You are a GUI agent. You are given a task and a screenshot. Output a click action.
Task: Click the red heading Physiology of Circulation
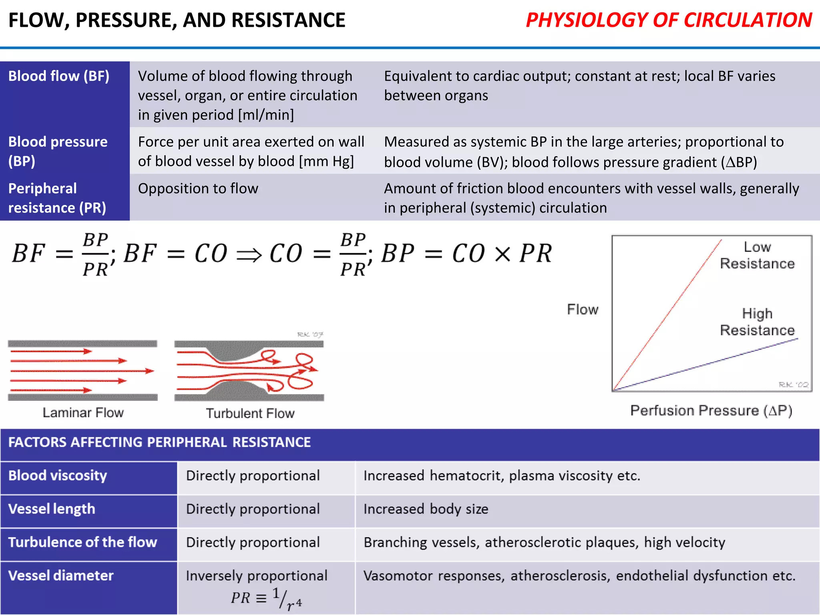pyautogui.click(x=669, y=20)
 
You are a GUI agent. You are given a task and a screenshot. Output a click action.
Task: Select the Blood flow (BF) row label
pyautogui.click(x=59, y=76)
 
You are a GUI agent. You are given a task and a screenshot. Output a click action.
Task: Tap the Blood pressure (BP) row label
pyautogui.click(x=58, y=151)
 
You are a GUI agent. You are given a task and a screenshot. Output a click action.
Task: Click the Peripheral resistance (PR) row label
pyautogui.click(x=57, y=198)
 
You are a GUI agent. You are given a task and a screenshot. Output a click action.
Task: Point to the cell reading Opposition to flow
pyautogui.click(x=198, y=189)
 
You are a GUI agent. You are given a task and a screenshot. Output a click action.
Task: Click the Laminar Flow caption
pyautogui.click(x=83, y=412)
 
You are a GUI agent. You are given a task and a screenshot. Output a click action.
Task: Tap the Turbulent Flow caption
pyautogui.click(x=250, y=413)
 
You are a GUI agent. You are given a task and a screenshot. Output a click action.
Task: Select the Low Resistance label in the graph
pyautogui.click(x=757, y=255)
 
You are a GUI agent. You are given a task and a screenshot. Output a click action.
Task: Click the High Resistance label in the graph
pyautogui.click(x=757, y=322)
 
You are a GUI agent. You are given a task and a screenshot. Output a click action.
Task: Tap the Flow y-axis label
pyautogui.click(x=583, y=310)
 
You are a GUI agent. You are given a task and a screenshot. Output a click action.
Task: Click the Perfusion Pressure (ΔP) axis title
pyautogui.click(x=711, y=410)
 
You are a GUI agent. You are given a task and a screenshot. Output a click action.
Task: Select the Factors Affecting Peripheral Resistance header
pyautogui.click(x=159, y=442)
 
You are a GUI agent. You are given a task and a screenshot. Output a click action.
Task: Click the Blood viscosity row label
pyautogui.click(x=58, y=476)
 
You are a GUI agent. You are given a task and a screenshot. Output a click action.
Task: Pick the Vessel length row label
pyautogui.click(x=52, y=509)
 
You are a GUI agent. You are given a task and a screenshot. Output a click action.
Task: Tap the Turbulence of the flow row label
pyautogui.click(x=82, y=542)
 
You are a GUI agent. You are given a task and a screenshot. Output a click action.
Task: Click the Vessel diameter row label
pyautogui.click(x=61, y=576)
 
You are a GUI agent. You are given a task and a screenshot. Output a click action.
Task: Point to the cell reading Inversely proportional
pyautogui.click(x=257, y=576)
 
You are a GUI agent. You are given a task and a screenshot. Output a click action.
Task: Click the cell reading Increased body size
pyautogui.click(x=426, y=509)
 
